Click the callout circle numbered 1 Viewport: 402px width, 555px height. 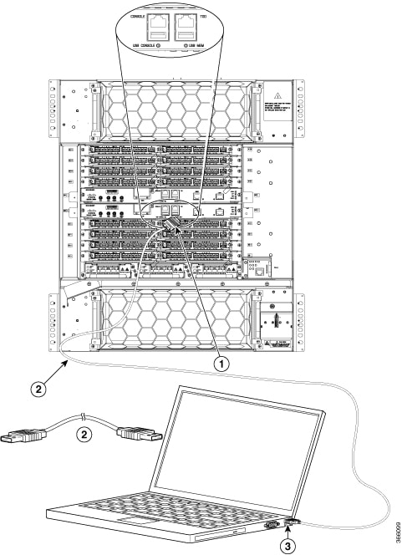tap(222, 364)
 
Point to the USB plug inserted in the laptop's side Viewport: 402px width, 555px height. tap(292, 524)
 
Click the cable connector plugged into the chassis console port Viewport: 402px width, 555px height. tap(172, 227)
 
